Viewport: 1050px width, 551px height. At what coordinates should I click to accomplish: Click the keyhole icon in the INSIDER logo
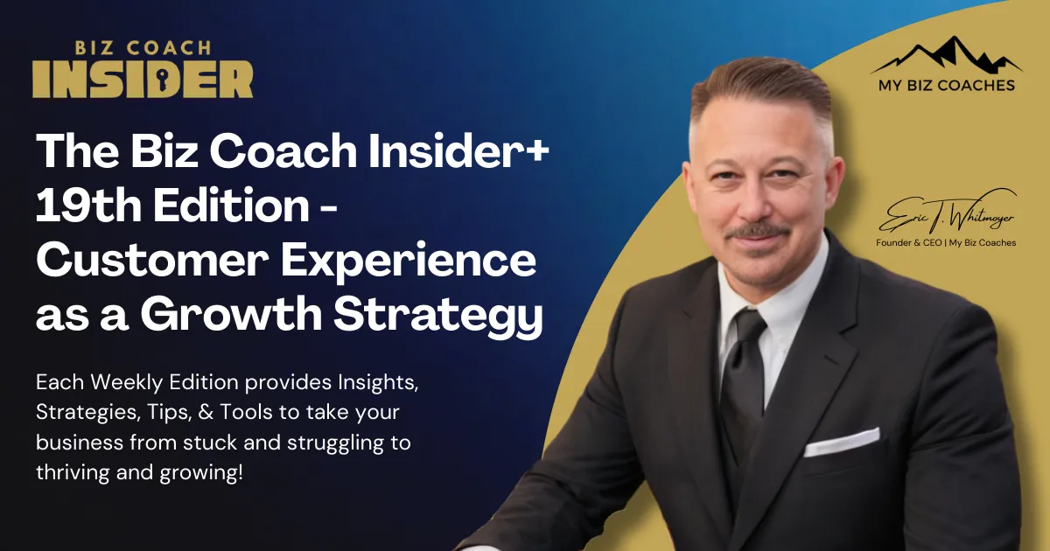136,80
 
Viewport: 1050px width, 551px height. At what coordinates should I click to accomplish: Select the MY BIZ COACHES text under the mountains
946,86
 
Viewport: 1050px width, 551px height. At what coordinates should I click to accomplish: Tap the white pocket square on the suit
841,441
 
